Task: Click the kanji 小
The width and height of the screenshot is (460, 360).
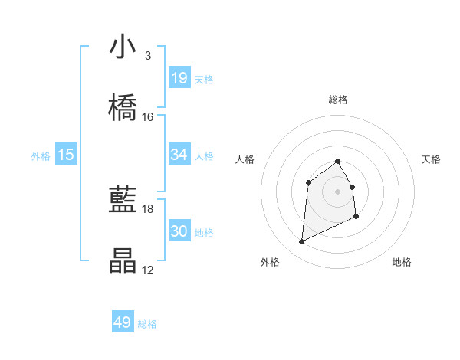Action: click(123, 47)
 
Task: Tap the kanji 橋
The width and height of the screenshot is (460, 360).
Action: click(123, 109)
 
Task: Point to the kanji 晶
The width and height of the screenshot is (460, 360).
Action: click(123, 262)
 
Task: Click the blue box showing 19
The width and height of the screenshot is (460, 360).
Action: click(179, 78)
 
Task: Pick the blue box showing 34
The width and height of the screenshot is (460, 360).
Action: click(179, 155)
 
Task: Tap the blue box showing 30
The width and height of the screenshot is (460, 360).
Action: click(179, 231)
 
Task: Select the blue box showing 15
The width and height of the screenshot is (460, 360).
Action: click(66, 155)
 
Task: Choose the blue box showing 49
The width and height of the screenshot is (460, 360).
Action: click(123, 322)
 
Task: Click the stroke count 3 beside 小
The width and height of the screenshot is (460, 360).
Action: click(147, 56)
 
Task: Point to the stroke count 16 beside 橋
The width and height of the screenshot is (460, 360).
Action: click(148, 117)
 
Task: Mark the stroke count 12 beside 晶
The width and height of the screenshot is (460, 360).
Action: click(148, 270)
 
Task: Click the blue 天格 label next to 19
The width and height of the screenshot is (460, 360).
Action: click(204, 79)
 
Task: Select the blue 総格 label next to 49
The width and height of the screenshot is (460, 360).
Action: click(147, 324)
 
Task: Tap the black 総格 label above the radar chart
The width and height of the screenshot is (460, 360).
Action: click(338, 100)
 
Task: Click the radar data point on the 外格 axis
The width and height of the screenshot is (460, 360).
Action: click(301, 242)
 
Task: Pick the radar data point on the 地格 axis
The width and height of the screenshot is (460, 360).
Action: click(357, 218)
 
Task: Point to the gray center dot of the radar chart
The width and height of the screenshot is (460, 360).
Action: click(338, 191)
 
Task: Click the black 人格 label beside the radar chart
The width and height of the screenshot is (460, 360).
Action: click(245, 159)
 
